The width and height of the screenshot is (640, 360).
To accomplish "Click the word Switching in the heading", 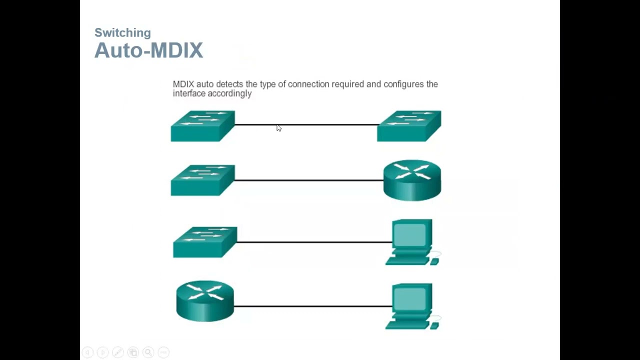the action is (122, 33).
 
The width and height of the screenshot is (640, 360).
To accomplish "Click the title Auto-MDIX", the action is (148, 50).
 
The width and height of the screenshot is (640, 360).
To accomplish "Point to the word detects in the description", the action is (229, 84).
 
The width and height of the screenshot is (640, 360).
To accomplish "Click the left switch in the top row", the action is (202, 126).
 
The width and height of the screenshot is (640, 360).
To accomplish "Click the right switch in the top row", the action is (409, 126).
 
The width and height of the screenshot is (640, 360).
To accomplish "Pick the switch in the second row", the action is (202, 180).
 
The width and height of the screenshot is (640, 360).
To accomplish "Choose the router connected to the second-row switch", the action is (412, 180).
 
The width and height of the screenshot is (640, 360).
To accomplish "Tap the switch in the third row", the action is (205, 242).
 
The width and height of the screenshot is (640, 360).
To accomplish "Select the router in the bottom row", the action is (205, 300).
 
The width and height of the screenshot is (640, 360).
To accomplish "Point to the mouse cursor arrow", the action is (278, 128).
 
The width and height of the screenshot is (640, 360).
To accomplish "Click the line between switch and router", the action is (309, 180).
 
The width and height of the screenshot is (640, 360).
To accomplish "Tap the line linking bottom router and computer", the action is (312, 306).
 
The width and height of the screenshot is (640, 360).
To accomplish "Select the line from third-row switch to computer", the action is (314, 242).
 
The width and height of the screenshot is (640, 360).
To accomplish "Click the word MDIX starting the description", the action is (183, 84).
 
